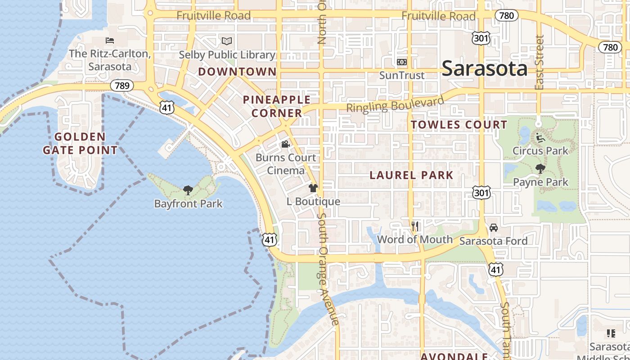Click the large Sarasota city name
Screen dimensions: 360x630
pyautogui.click(x=484, y=68)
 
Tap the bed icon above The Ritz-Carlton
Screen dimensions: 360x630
pyautogui.click(x=109, y=40)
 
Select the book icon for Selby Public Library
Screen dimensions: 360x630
pyautogui.click(x=227, y=41)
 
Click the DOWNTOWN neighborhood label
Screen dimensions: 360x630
pyautogui.click(x=237, y=72)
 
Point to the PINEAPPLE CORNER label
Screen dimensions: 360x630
pyautogui.click(x=277, y=106)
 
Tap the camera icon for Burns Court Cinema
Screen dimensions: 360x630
pyautogui.click(x=285, y=144)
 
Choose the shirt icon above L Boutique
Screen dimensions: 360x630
pyautogui.click(x=313, y=188)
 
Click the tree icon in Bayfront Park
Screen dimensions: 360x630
pyautogui.click(x=188, y=190)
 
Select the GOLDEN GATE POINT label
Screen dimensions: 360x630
pyautogui.click(x=80, y=143)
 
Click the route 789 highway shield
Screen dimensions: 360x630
pyautogui.click(x=121, y=85)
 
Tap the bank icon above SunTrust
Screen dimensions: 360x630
pyautogui.click(x=401, y=62)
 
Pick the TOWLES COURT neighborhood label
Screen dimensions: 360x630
pyautogui.click(x=459, y=125)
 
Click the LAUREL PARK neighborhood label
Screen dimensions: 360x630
pyautogui.click(x=411, y=175)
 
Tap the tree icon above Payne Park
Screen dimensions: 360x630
pyautogui.click(x=540, y=169)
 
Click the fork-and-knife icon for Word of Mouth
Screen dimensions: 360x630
pyautogui.click(x=415, y=226)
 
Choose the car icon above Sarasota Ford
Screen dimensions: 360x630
pyautogui.click(x=494, y=228)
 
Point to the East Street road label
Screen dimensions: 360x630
pyautogui.click(x=540, y=62)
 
